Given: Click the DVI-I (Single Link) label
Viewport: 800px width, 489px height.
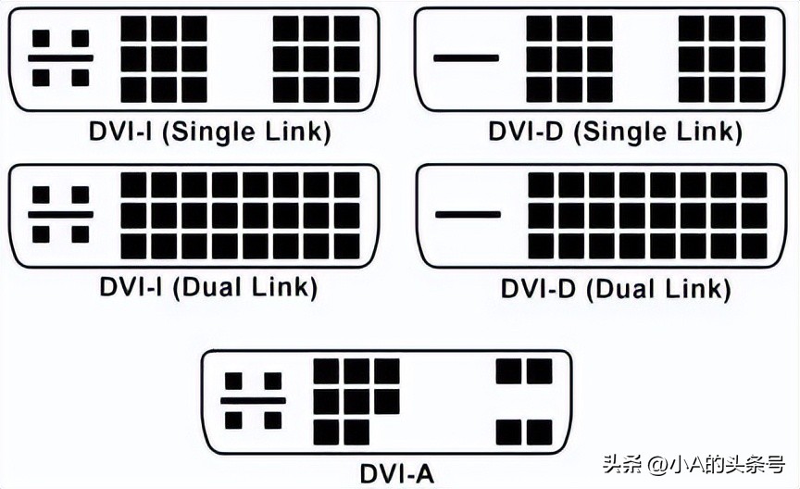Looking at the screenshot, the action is coord(209,131).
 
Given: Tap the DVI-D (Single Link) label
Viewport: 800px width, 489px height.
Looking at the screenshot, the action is coord(616,131).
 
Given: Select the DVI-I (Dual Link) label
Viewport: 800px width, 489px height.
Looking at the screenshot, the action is coord(209,286).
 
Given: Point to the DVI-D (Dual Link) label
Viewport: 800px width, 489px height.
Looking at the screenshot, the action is coord(616,287).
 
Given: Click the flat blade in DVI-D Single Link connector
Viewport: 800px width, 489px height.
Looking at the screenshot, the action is coord(465,58).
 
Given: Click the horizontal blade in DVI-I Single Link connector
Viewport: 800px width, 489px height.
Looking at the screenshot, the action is coord(60,57).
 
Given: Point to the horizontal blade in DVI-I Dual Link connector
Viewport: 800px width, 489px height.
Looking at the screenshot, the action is coord(60,214).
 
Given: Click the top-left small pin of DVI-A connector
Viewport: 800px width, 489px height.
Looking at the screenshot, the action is coord(234,381).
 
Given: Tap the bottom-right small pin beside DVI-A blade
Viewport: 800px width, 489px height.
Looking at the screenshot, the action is coord(272,420).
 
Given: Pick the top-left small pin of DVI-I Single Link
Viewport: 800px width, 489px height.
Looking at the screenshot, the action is coord(41,38).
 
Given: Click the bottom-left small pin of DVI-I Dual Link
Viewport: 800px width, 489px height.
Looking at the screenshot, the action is coord(41,233).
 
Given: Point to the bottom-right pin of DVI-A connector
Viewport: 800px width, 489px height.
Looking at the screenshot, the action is coord(539,432).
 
